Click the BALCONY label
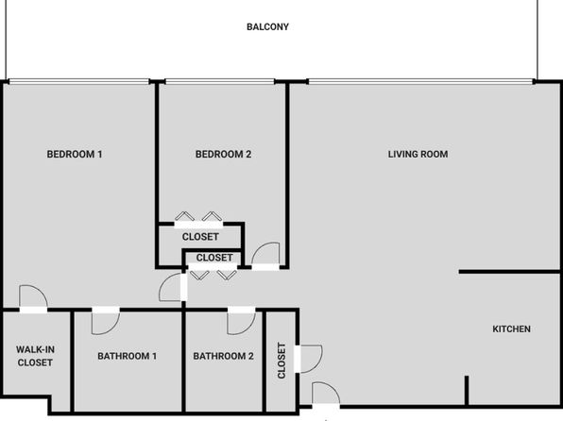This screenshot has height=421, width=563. (267, 27)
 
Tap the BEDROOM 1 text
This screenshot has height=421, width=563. (75, 154)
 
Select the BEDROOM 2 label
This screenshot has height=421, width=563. (223, 154)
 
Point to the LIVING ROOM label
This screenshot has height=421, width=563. (418, 154)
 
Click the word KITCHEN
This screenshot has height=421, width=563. (511, 329)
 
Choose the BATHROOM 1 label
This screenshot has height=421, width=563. (128, 356)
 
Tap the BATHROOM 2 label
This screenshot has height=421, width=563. (223, 356)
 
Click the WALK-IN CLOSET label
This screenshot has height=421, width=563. (35, 356)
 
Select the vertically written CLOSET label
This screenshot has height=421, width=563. (281, 361)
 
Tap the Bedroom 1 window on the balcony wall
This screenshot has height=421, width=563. (79, 81)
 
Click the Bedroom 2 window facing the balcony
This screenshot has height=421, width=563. (220, 81)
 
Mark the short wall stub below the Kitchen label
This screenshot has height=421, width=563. (467, 391)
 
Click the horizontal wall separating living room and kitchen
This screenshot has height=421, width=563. (509, 272)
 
